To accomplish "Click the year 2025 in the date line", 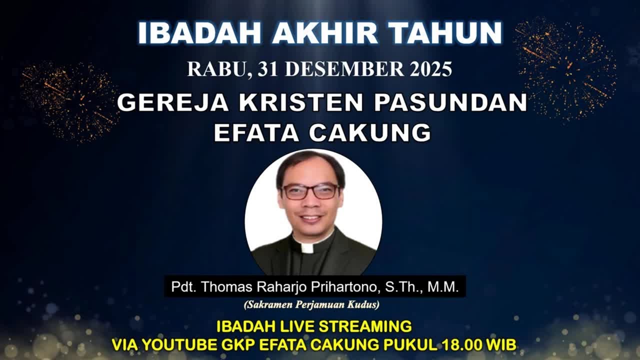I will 431,69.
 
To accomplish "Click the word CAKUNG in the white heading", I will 370,132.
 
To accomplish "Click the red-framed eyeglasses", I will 311,191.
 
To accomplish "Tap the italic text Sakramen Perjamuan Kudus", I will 311,304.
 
